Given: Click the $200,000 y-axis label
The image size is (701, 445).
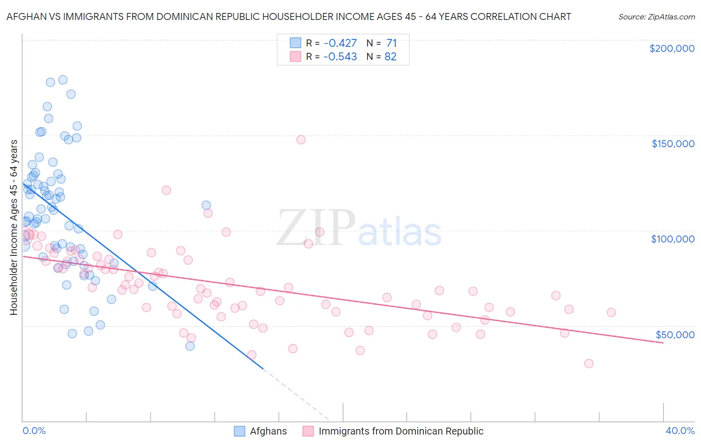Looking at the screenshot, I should click(672, 48).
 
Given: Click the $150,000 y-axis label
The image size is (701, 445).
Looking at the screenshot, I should click(673, 144).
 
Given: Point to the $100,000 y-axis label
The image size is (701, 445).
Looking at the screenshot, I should click(673, 239).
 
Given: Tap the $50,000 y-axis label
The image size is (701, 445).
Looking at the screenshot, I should click(675, 334).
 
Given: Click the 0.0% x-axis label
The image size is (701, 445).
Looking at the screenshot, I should click(34, 431).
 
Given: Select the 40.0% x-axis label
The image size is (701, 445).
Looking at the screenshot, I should click(680, 431).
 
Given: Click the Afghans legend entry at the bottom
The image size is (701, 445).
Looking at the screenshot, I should click(268, 431).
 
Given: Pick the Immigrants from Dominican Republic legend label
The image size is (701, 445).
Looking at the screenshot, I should click(401, 431).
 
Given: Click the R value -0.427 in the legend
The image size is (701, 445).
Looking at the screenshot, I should click(340, 43).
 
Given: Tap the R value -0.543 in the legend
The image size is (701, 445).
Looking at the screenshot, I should click(340, 57).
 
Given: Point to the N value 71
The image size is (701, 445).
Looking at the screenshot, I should click(391, 43).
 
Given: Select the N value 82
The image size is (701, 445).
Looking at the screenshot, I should click(390, 57).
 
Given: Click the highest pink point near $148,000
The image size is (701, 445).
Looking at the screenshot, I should click(301, 140).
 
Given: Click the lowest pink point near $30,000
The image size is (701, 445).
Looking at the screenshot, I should click(589, 364).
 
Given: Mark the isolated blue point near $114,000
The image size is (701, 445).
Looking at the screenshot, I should click(206, 205).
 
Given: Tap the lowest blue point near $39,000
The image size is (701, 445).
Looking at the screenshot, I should click(190, 346).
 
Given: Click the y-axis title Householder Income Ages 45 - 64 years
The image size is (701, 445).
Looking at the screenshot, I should click(13, 227).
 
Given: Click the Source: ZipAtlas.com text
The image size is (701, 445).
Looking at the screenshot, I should click(656, 17).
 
